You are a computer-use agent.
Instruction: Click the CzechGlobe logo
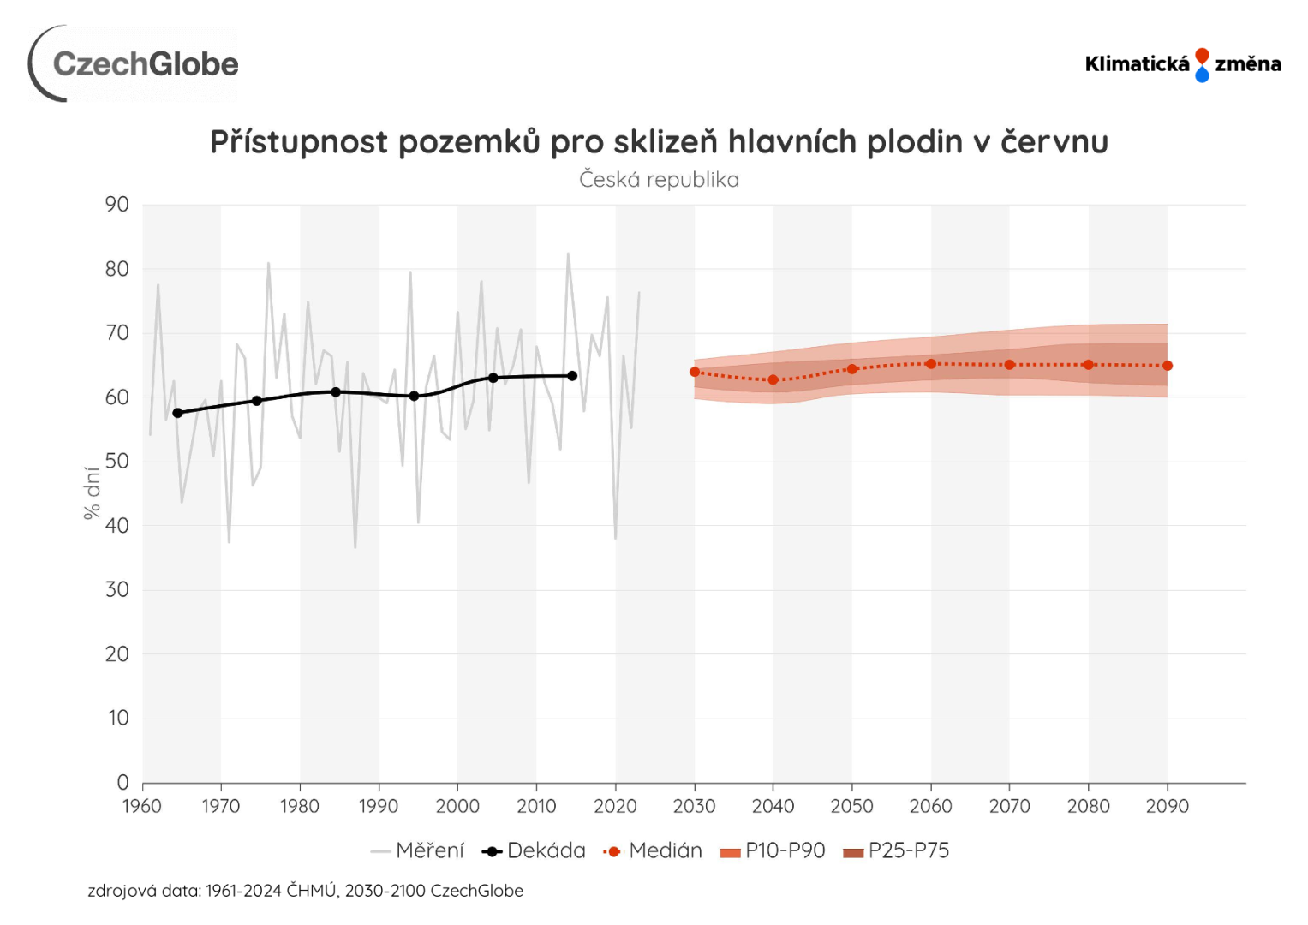pos(134,64)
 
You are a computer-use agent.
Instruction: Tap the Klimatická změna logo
pos(1182,64)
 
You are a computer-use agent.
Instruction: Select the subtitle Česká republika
pos(659,180)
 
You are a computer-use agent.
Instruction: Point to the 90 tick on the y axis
pos(117,205)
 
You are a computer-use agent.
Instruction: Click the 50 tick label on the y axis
pos(117,462)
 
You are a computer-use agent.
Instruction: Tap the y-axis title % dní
pos(92,492)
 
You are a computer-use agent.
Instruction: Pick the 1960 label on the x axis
pos(142,806)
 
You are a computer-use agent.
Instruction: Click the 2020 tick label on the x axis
pos(615,806)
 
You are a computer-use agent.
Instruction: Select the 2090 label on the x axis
pos(1167,806)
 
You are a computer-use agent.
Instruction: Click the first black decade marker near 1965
pos(178,413)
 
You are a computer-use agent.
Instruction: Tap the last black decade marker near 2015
pos(572,376)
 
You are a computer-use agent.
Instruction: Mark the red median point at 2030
pos(695,372)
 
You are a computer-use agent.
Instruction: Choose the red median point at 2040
pos(773,379)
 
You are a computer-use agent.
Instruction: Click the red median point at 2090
pos(1168,366)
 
